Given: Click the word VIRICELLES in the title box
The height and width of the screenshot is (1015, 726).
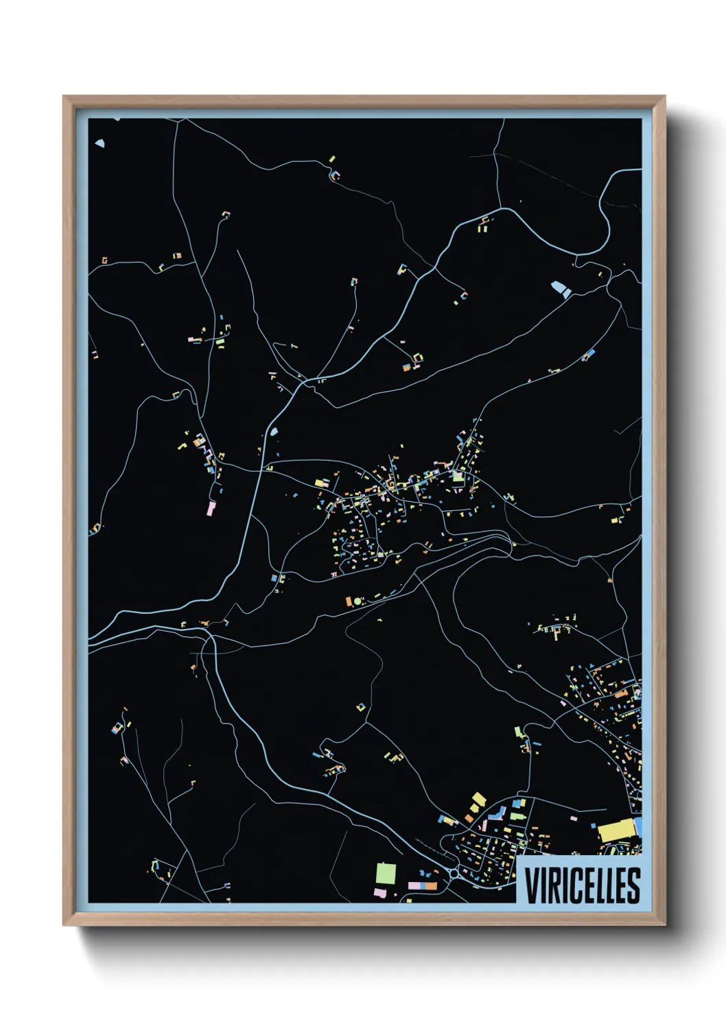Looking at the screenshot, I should [583, 885].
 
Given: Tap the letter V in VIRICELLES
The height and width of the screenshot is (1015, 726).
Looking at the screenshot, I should [532, 885].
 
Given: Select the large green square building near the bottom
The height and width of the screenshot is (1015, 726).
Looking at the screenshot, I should [386, 874].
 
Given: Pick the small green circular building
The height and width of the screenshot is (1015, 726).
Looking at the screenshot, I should [358, 601].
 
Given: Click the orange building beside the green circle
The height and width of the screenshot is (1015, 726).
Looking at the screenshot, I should [349, 601].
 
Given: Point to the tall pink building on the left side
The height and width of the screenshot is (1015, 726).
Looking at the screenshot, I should [211, 508].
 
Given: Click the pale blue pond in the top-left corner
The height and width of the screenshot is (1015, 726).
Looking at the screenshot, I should [100, 144].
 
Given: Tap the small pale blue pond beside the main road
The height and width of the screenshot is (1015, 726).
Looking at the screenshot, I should [274, 432].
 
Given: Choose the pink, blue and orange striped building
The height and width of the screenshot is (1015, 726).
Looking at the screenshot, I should [423, 886].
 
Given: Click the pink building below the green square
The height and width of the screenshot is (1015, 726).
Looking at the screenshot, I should [379, 892].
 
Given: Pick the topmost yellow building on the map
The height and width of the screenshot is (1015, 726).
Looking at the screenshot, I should [332, 159].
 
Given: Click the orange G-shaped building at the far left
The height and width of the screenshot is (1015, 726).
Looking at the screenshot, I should [104, 261].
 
